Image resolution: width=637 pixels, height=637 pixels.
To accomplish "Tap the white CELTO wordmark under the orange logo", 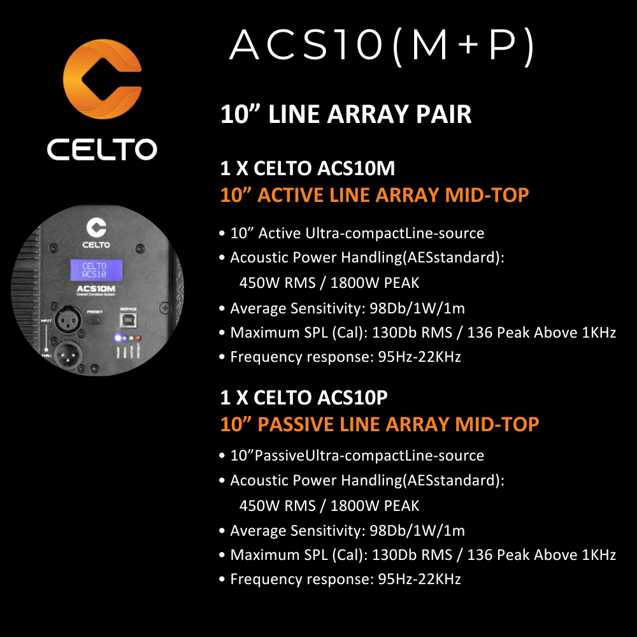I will click(x=102, y=150).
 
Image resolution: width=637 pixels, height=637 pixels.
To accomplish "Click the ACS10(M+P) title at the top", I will click(x=382, y=46).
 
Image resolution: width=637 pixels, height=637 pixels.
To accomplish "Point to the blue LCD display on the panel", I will click(x=94, y=270).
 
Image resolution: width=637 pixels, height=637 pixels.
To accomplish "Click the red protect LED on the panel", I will click(x=138, y=338).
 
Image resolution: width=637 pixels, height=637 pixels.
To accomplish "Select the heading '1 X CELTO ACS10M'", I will click(x=307, y=169).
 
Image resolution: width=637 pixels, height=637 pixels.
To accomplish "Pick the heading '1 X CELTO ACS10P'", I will click(x=304, y=397).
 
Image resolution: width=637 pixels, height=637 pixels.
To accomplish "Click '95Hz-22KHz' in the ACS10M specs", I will click(x=419, y=357).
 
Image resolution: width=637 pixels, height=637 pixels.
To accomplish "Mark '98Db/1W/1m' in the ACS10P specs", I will click(x=417, y=531).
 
